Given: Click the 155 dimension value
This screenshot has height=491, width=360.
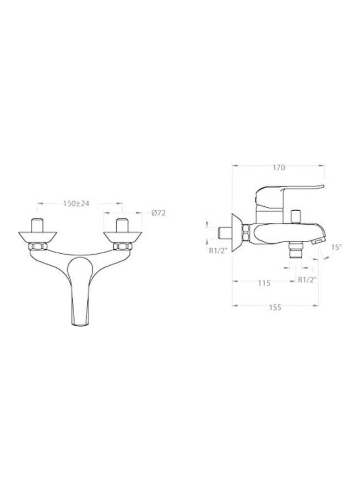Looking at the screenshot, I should (x=275, y=308).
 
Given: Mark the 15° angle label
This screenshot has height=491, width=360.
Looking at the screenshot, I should (x=337, y=247).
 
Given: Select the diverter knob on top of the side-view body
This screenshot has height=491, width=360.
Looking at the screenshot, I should (x=297, y=214).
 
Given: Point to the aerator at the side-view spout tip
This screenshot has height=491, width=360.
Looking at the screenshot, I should (x=319, y=239).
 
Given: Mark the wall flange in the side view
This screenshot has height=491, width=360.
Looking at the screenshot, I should (x=237, y=229).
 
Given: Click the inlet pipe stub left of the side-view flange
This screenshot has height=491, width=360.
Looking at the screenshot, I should (x=224, y=232).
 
